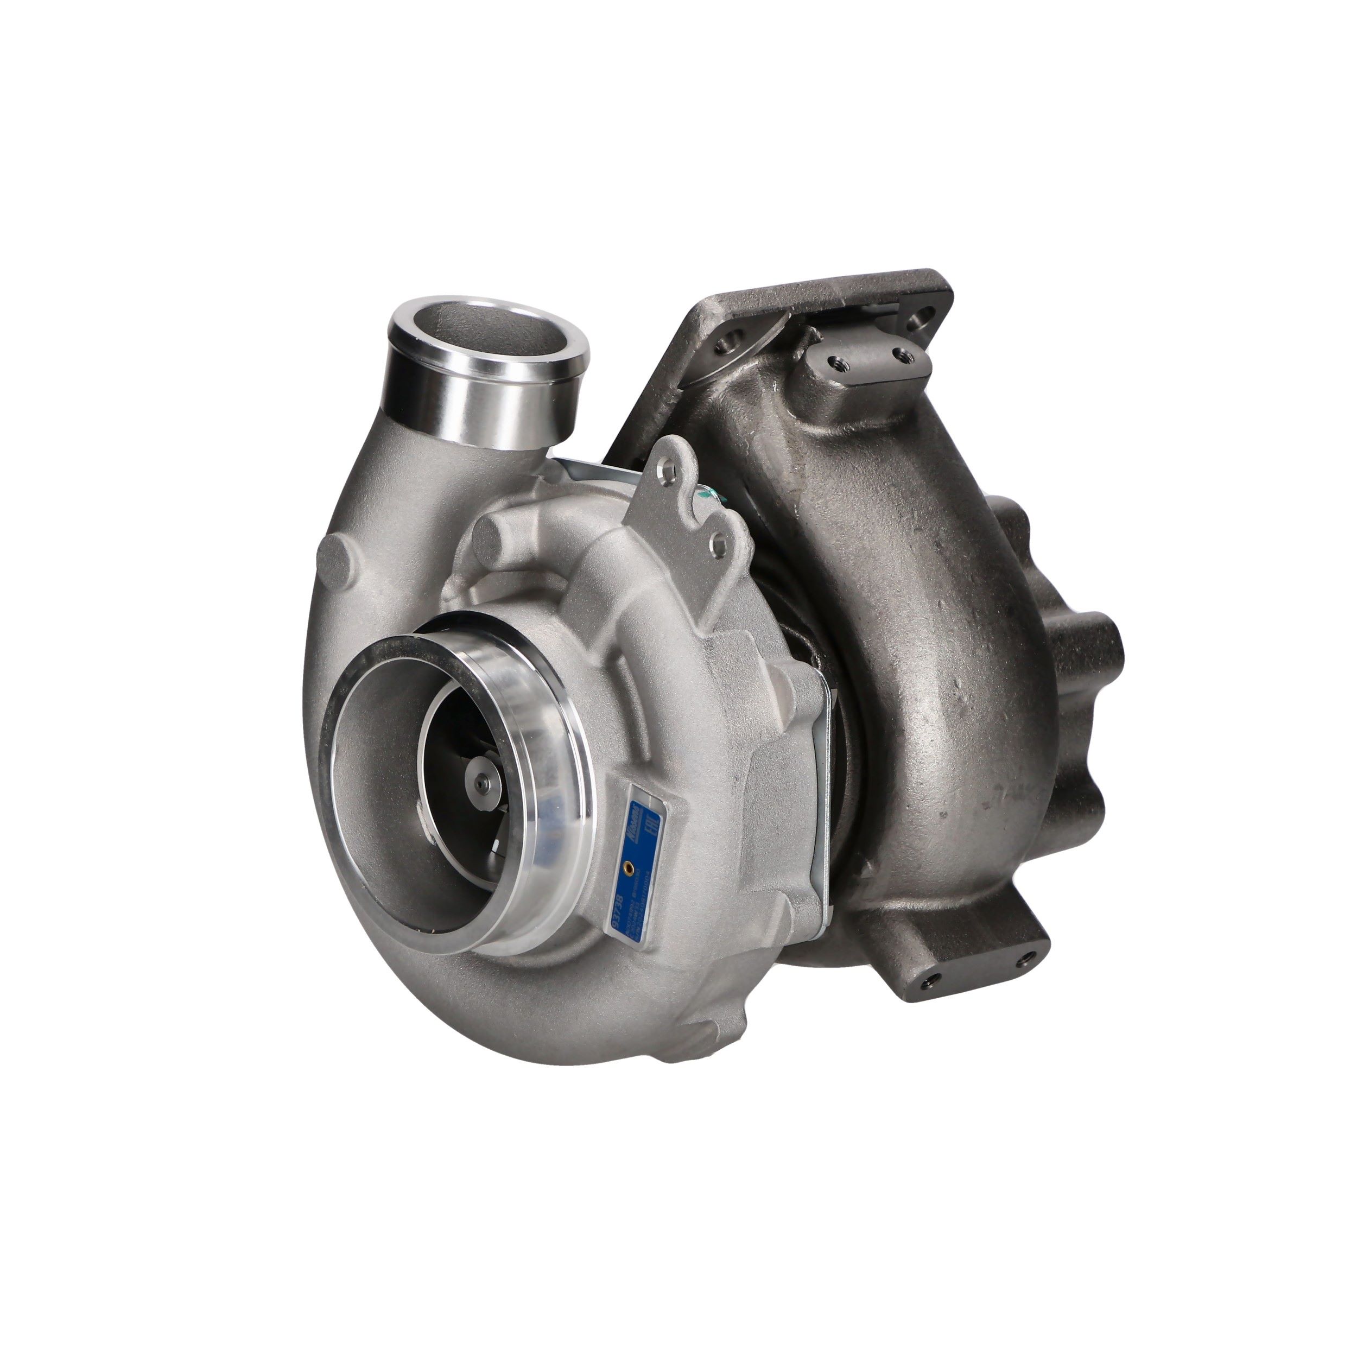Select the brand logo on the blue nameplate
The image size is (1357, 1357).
(634, 814)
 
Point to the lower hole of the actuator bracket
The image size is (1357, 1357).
(717, 540)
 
